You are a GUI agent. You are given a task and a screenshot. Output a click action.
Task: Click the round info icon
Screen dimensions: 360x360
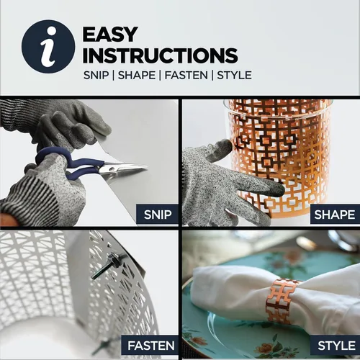pos(48,46)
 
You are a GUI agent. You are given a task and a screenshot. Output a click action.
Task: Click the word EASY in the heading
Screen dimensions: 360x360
pos(110,35)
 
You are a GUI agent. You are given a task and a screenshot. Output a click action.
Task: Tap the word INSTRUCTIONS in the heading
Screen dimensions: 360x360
pos(160,55)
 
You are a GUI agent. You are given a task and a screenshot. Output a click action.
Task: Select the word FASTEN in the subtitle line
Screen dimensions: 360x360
pos(186,76)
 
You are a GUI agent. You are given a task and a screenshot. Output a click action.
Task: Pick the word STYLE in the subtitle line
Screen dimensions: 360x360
pos(234,76)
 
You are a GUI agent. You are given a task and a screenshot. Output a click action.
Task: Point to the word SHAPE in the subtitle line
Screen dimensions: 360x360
pos(137,76)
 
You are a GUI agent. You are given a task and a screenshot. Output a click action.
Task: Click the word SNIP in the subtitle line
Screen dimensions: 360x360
pos(96,76)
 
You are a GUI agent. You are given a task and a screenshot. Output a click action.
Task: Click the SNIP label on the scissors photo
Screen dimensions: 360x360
pos(158,215)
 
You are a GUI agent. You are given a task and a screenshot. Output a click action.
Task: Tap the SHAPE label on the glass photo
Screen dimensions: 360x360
pos(335,215)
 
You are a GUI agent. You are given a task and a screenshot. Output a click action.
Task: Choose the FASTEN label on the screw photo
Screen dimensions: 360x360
pos(151,346)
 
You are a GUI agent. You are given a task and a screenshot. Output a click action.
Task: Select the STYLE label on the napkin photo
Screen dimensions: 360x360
pos(336,346)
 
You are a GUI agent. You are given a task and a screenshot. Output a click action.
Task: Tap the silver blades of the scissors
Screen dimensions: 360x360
pos(124,168)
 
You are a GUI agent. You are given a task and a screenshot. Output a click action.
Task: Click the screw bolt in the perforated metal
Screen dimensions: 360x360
pos(107,265)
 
